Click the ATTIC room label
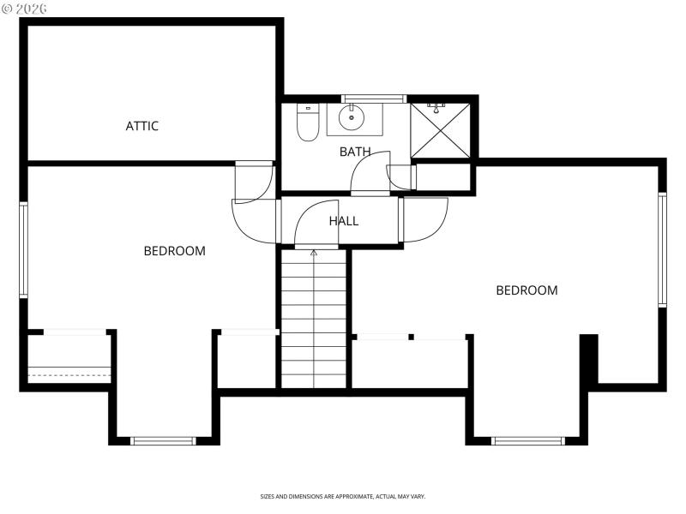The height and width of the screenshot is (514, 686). [142, 126]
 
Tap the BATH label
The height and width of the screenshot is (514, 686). [355, 152]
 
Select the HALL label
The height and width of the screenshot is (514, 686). [344, 221]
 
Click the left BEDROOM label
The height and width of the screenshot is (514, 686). [174, 251]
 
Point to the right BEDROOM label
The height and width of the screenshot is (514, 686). [527, 290]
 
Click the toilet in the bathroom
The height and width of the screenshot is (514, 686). [308, 122]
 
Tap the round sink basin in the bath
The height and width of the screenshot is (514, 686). [352, 117]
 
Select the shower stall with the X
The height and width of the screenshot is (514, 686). [440, 130]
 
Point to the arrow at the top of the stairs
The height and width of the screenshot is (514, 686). [314, 253]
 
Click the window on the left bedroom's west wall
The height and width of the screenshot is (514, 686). [24, 249]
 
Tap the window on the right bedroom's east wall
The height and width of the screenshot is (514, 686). [662, 249]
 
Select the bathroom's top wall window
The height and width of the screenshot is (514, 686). [373, 99]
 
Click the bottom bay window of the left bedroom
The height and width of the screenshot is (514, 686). [163, 440]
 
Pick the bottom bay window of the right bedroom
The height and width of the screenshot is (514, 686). [527, 440]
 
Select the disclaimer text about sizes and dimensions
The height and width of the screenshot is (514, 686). [343, 496]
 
